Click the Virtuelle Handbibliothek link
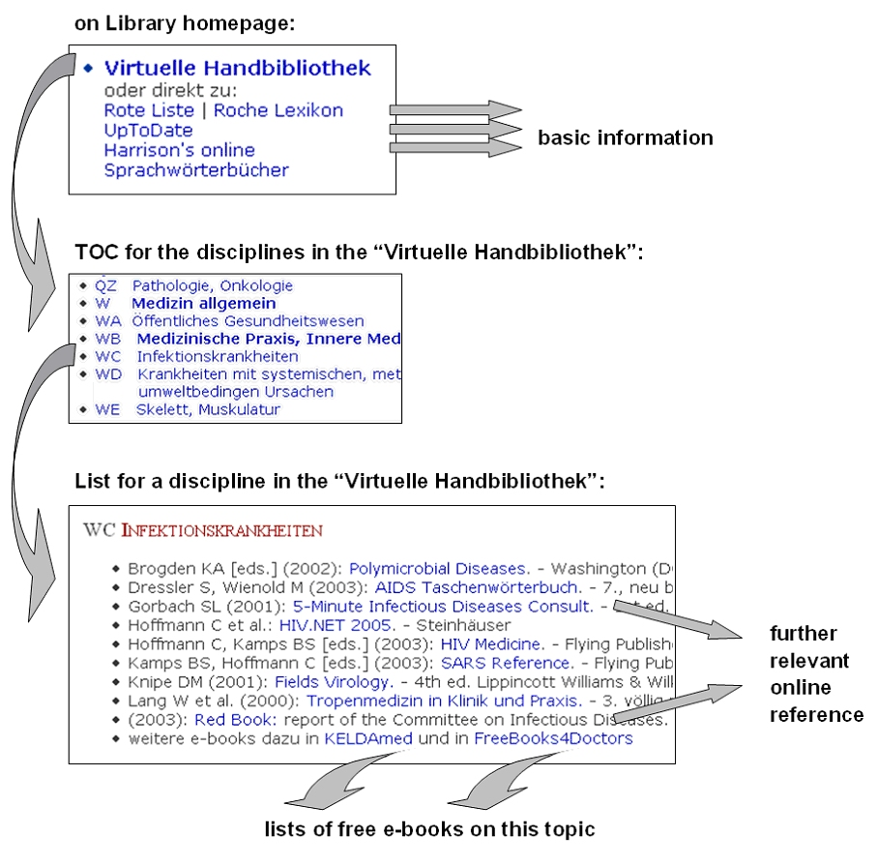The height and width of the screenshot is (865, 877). pos(237,69)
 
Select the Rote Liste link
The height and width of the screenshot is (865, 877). pos(149,110)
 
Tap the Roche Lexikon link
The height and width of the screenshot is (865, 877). pos(278,110)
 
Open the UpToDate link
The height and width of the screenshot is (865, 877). pos(148,131)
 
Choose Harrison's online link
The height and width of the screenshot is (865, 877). pos(179,150)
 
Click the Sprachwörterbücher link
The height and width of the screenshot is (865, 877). pos(196,170)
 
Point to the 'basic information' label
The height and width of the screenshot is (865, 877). pos(625,137)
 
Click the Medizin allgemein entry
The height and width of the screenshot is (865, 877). pos(203,304)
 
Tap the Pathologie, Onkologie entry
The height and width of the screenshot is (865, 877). pos(212,286)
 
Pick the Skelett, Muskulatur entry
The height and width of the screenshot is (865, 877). pos(207,409)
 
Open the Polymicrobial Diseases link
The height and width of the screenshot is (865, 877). pos(438,569)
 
